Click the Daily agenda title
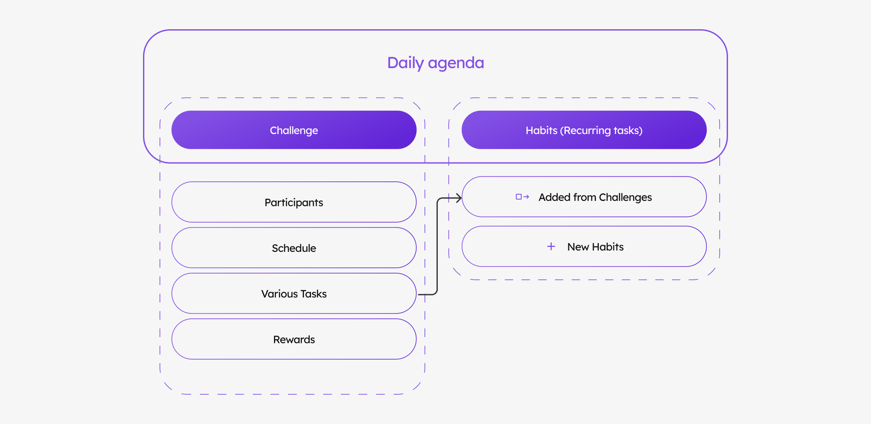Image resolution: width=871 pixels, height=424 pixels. point(435,63)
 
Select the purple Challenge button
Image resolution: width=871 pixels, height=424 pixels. point(294,130)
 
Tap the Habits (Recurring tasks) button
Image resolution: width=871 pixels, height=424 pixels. point(584,130)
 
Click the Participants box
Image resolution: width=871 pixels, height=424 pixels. point(294,202)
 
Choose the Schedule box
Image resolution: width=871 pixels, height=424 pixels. point(294,248)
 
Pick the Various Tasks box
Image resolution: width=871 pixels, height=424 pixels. point(294,293)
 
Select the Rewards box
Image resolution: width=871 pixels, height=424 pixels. point(294,339)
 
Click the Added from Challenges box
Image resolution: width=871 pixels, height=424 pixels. point(584,197)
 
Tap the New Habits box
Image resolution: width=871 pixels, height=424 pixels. point(584,246)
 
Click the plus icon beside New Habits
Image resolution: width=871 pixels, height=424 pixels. point(551,246)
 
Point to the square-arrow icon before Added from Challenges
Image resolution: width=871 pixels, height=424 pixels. point(522,197)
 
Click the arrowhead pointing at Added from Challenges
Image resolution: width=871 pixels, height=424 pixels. point(459,198)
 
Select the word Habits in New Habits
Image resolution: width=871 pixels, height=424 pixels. point(608,247)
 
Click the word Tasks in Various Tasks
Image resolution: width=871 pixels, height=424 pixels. point(314,294)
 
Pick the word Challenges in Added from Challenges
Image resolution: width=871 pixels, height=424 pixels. point(626,198)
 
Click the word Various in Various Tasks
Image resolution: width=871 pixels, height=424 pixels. point(279,294)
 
